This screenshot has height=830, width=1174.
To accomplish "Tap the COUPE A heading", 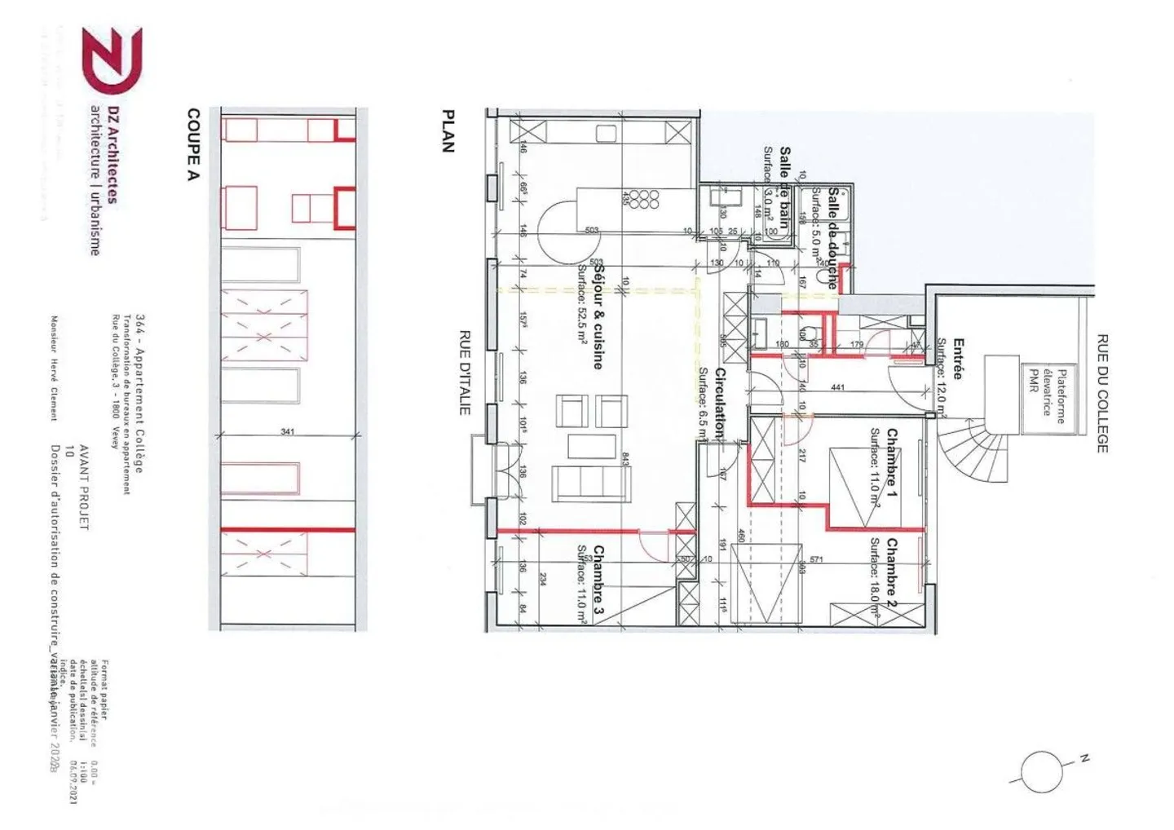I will click(x=193, y=144).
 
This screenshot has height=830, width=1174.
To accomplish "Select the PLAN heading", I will click(x=447, y=131).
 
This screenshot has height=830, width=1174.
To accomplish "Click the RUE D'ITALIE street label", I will click(x=465, y=372).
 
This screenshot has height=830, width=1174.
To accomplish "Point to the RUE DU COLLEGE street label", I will click(x=1101, y=393).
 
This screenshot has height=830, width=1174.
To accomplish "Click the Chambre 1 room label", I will click(x=892, y=463).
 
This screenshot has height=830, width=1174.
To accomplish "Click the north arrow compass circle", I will click(x=1041, y=770).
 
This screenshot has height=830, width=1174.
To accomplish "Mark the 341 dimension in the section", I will click(x=287, y=431).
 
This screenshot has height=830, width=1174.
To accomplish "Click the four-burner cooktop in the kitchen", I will click(x=648, y=200).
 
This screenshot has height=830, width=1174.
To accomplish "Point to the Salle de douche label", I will click(x=832, y=237).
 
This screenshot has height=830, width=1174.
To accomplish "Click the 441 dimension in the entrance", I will click(x=837, y=387).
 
